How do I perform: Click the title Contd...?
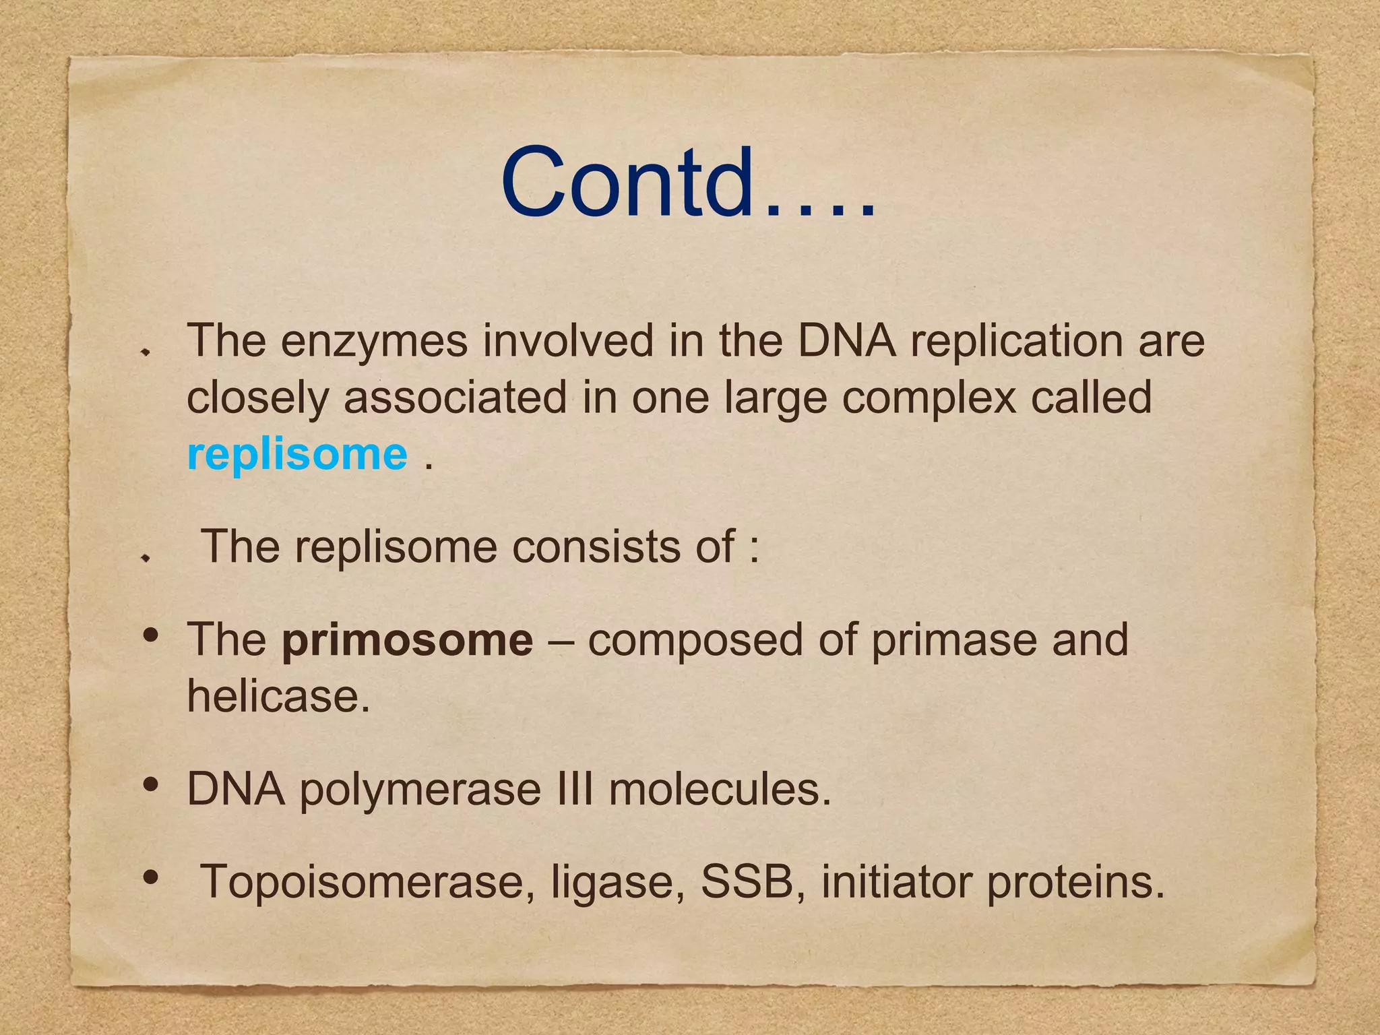(687, 183)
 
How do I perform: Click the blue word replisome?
(297, 454)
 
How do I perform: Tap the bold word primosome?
(408, 639)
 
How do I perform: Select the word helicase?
(278, 696)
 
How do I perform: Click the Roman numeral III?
(575, 789)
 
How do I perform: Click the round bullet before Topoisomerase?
(151, 877)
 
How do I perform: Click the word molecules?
(720, 789)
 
